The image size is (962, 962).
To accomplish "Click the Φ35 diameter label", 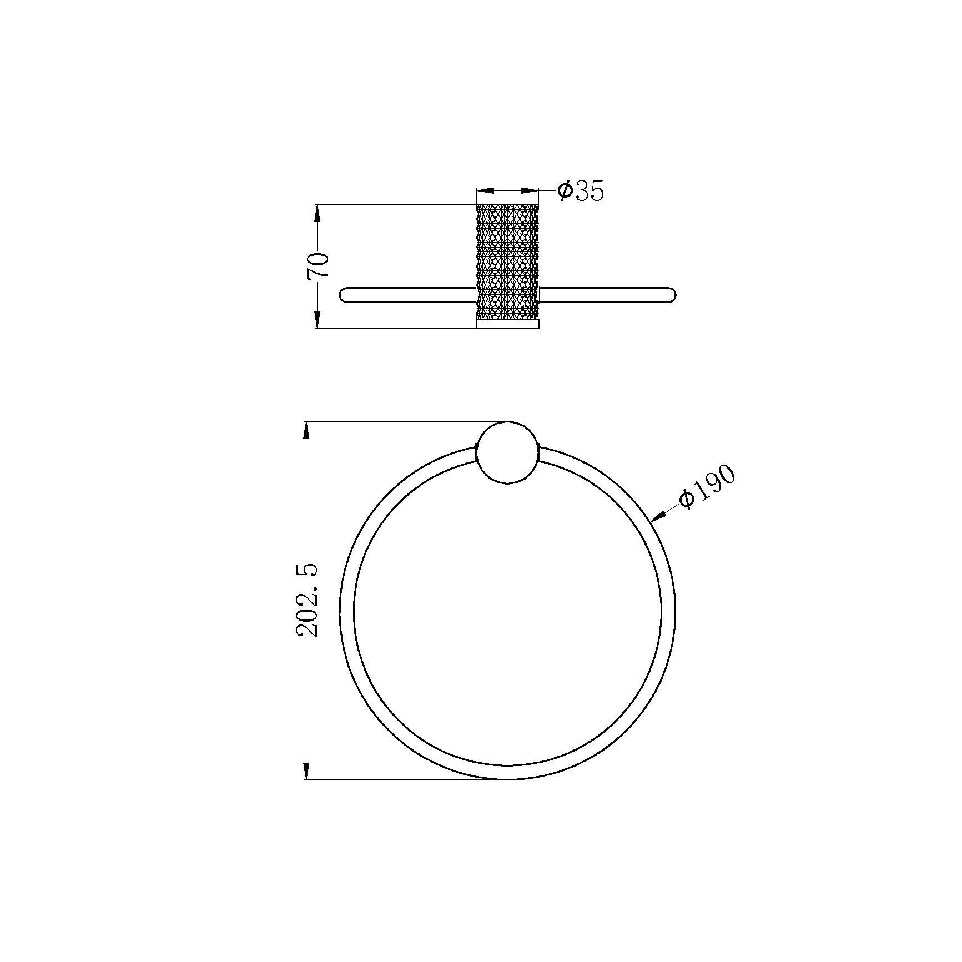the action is point(580,191).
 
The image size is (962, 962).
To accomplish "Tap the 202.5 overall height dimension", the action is point(307,600).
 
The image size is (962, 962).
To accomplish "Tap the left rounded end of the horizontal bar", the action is point(343,295).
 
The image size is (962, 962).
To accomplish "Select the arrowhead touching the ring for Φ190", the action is point(658,517).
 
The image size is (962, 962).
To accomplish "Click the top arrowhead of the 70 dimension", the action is point(318,214).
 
